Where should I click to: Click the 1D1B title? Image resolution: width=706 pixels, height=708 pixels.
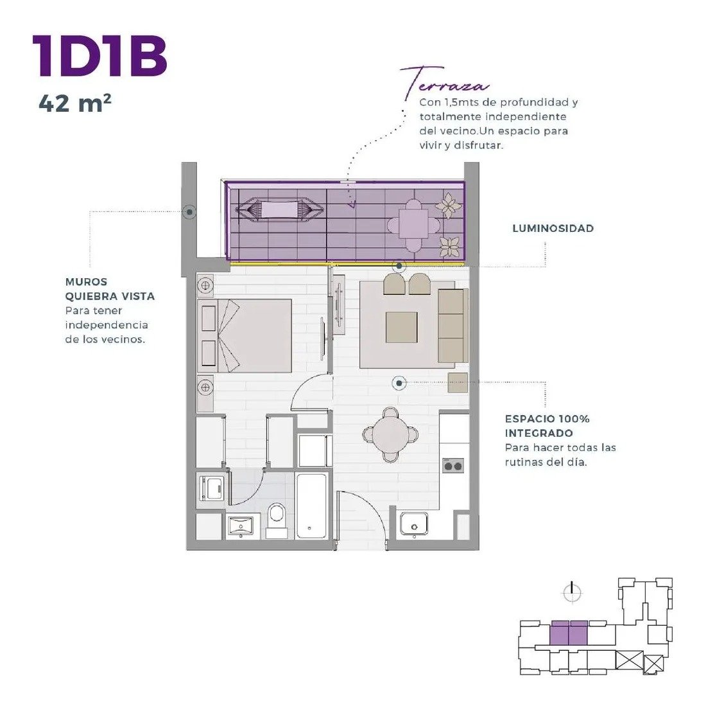(99, 56)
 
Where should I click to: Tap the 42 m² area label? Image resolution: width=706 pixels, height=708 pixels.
(75, 103)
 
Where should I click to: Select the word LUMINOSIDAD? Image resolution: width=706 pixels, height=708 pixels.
(553, 229)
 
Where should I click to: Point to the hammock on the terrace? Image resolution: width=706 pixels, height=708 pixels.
(280, 210)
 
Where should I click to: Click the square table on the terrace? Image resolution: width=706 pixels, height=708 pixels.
(414, 224)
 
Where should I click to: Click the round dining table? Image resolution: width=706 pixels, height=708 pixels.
(391, 435)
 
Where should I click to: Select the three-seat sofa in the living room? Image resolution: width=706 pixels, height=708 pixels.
(452, 326)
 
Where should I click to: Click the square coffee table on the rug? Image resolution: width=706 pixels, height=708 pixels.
(402, 328)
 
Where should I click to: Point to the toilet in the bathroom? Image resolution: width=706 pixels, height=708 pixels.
(276, 520)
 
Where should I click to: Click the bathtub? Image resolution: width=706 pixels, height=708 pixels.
(311, 505)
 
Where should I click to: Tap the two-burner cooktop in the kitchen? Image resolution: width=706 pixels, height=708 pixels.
(453, 466)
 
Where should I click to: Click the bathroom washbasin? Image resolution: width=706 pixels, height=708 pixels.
(241, 526)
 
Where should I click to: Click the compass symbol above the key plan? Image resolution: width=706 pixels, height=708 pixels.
(573, 592)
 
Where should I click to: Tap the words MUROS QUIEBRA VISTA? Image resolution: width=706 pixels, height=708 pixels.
(110, 289)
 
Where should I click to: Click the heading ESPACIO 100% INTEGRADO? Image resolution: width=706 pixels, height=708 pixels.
(547, 426)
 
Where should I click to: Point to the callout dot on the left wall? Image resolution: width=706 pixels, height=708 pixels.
(189, 212)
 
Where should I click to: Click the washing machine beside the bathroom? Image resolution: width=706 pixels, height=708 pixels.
(211, 488)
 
